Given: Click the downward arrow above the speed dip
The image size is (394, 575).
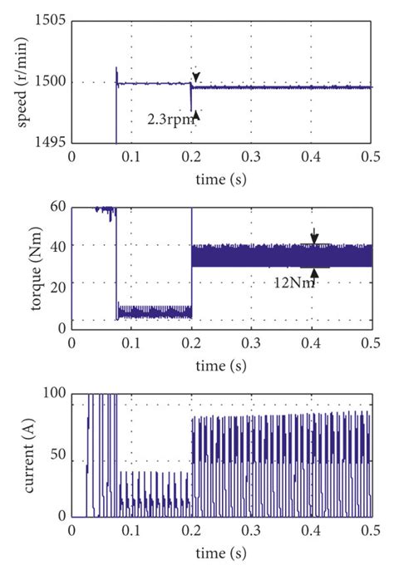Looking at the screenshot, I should (196, 76).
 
